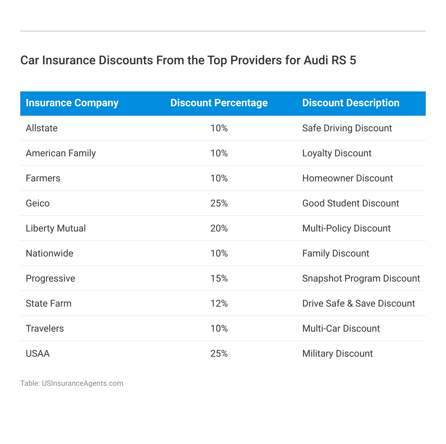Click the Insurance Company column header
pyautogui.click(x=72, y=103)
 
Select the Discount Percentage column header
pyautogui.click(x=219, y=103)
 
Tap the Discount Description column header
pyautogui.click(x=351, y=103)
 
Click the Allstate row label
pyautogui.click(x=42, y=128)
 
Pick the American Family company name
pyautogui.click(x=61, y=153)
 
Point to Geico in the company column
pyautogui.click(x=38, y=203)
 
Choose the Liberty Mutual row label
pyautogui.click(x=56, y=228)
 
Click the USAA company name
pyautogui.click(x=38, y=354)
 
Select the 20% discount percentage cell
pyautogui.click(x=219, y=228)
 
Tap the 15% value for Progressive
pyautogui.click(x=219, y=279)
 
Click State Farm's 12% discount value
pyautogui.click(x=219, y=304)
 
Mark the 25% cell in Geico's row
pyautogui.click(x=219, y=203)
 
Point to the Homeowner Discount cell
pyautogui.click(x=347, y=178)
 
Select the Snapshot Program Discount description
pyautogui.click(x=361, y=279)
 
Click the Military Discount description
pyautogui.click(x=337, y=354)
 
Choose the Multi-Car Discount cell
pyautogui.click(x=341, y=329)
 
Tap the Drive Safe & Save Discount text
pyautogui.click(x=358, y=304)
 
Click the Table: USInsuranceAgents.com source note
pyautogui.click(x=72, y=383)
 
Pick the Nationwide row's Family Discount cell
pyautogui.click(x=336, y=253)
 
